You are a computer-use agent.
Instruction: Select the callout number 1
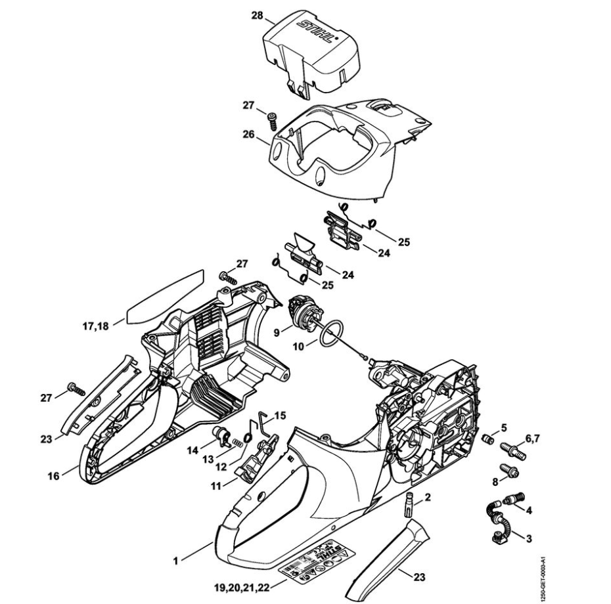(175, 561)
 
